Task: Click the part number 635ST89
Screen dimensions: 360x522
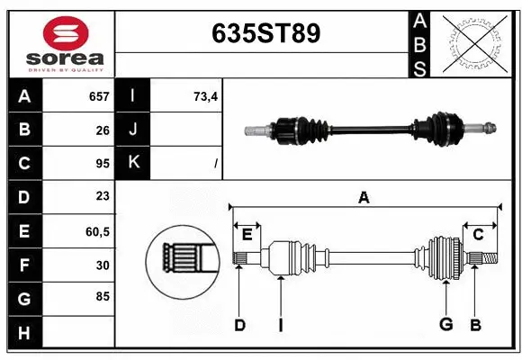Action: click(x=265, y=33)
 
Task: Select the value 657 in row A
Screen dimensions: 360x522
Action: click(x=98, y=96)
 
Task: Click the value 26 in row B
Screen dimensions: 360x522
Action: click(x=102, y=130)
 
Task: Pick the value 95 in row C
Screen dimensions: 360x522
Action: click(x=102, y=163)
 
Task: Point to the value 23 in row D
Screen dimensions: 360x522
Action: click(x=102, y=196)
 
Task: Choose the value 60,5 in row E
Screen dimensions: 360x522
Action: click(x=97, y=230)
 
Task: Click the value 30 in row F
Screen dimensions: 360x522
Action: click(x=102, y=265)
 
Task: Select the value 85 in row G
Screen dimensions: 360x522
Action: click(x=102, y=297)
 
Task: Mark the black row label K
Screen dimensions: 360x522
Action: click(x=133, y=163)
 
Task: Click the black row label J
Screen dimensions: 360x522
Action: click(x=133, y=130)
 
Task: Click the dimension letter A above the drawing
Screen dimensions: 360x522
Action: click(x=364, y=197)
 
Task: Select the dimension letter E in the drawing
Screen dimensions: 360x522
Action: click(x=247, y=235)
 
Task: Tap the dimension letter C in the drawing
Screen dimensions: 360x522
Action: click(x=479, y=235)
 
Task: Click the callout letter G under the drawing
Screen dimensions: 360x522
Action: click(x=445, y=325)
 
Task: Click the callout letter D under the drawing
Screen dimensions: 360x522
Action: click(x=239, y=325)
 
